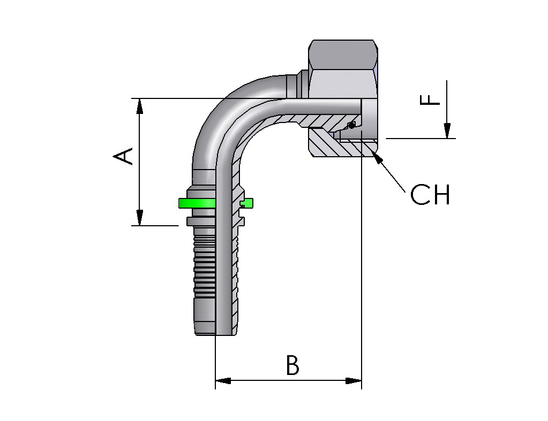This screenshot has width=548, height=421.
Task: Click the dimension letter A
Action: point(124,156)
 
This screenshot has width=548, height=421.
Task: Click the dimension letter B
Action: point(292,366)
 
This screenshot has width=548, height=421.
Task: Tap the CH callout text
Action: point(430,196)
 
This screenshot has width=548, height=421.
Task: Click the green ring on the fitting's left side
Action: point(197,203)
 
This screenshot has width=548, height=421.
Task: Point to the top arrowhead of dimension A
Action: point(140,106)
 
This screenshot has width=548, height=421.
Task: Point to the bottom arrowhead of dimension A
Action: point(140,218)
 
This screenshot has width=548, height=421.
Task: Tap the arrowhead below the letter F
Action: point(447,131)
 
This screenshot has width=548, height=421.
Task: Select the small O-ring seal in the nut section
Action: point(351,125)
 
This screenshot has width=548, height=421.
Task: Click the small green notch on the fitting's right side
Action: point(247,203)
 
